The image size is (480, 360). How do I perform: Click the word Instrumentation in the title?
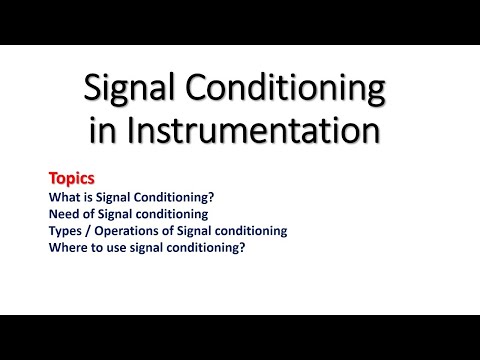pos(255,131)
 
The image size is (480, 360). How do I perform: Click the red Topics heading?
pos(72,178)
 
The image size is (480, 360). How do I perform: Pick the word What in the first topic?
pos(65,197)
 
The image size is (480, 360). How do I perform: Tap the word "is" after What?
pos(90,197)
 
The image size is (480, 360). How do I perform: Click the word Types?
pos(66,231)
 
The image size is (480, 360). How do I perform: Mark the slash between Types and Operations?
pos(90,231)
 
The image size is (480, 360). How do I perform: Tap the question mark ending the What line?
pos(213,197)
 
